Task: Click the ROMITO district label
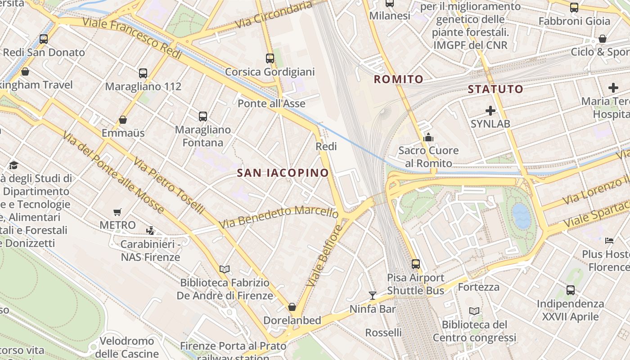(x=399, y=80)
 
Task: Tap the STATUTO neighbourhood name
(x=495, y=89)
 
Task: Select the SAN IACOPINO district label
(x=283, y=173)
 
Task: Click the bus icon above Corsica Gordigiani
(x=270, y=58)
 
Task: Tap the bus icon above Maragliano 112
(x=143, y=73)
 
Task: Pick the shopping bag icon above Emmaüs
(x=123, y=120)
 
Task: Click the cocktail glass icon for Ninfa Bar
(x=373, y=295)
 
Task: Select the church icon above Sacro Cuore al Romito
(x=428, y=137)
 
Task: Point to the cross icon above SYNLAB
(x=490, y=110)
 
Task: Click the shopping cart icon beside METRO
(x=117, y=212)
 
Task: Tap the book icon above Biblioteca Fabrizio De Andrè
(x=225, y=269)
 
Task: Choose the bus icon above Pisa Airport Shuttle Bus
(x=416, y=264)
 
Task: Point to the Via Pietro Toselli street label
(x=169, y=185)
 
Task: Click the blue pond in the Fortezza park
(x=522, y=216)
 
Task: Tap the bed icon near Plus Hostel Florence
(x=609, y=240)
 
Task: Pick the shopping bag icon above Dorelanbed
(x=292, y=307)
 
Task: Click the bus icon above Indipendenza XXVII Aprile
(x=571, y=290)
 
